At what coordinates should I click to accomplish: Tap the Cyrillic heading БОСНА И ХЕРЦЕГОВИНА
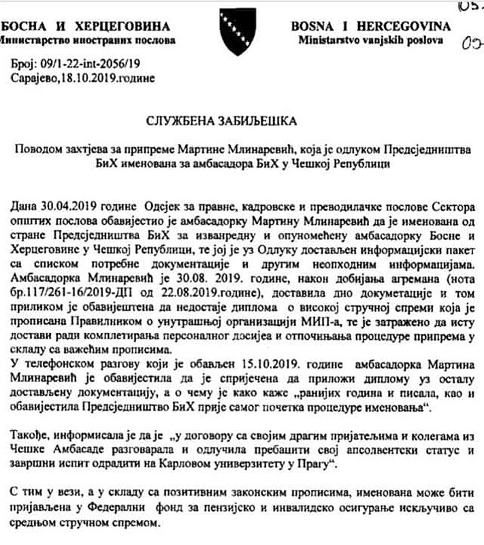[86, 26]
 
